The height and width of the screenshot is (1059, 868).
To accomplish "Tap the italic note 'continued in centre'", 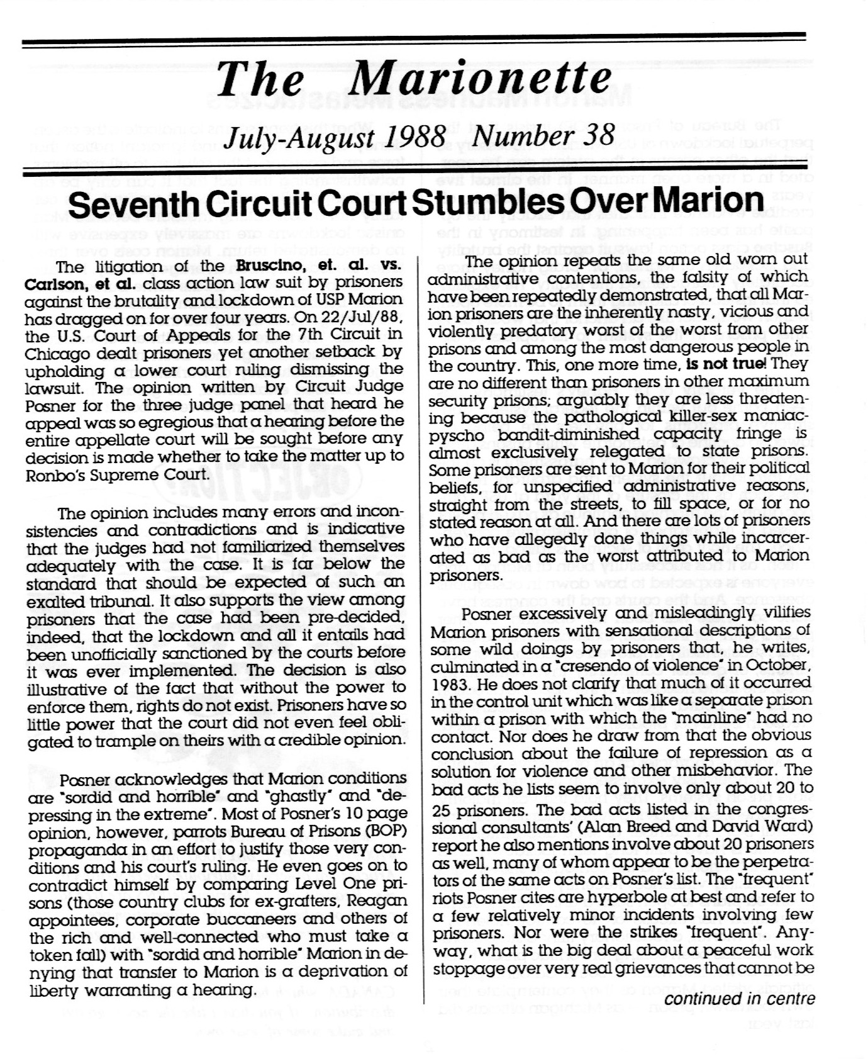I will pos(740,999).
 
